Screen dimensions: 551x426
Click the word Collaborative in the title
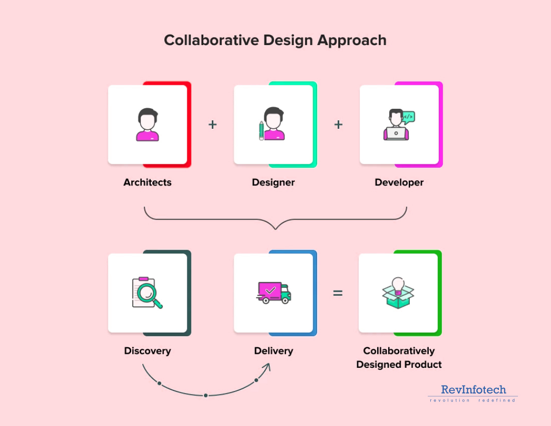tap(211, 40)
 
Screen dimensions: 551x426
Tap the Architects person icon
tap(148, 124)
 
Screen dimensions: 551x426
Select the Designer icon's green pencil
tap(261, 130)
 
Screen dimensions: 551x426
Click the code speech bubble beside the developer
tap(408, 117)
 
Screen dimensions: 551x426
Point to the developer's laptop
tap(396, 134)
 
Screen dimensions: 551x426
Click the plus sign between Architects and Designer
tap(212, 124)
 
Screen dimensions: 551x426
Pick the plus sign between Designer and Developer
tap(339, 124)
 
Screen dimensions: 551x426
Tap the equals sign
tap(338, 293)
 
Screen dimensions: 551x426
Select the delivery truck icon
tap(273, 292)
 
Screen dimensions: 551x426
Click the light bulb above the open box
tap(398, 285)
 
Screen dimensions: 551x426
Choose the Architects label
tap(148, 182)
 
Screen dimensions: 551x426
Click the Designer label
tap(273, 182)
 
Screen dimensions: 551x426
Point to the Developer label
tap(399, 182)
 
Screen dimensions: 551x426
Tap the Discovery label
tap(148, 351)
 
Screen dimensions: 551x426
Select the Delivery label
tap(273, 351)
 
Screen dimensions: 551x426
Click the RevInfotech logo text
tap(473, 389)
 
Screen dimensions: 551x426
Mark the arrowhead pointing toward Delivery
tap(267, 367)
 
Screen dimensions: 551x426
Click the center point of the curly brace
tap(276, 229)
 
